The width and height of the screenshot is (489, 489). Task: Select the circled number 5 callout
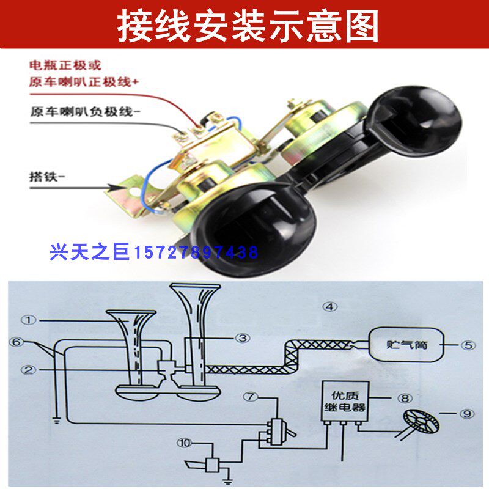[468, 345]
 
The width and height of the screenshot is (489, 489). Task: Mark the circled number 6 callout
[15, 343]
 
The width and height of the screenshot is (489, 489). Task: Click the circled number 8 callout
[404, 397]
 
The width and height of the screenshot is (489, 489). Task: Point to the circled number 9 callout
[468, 414]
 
